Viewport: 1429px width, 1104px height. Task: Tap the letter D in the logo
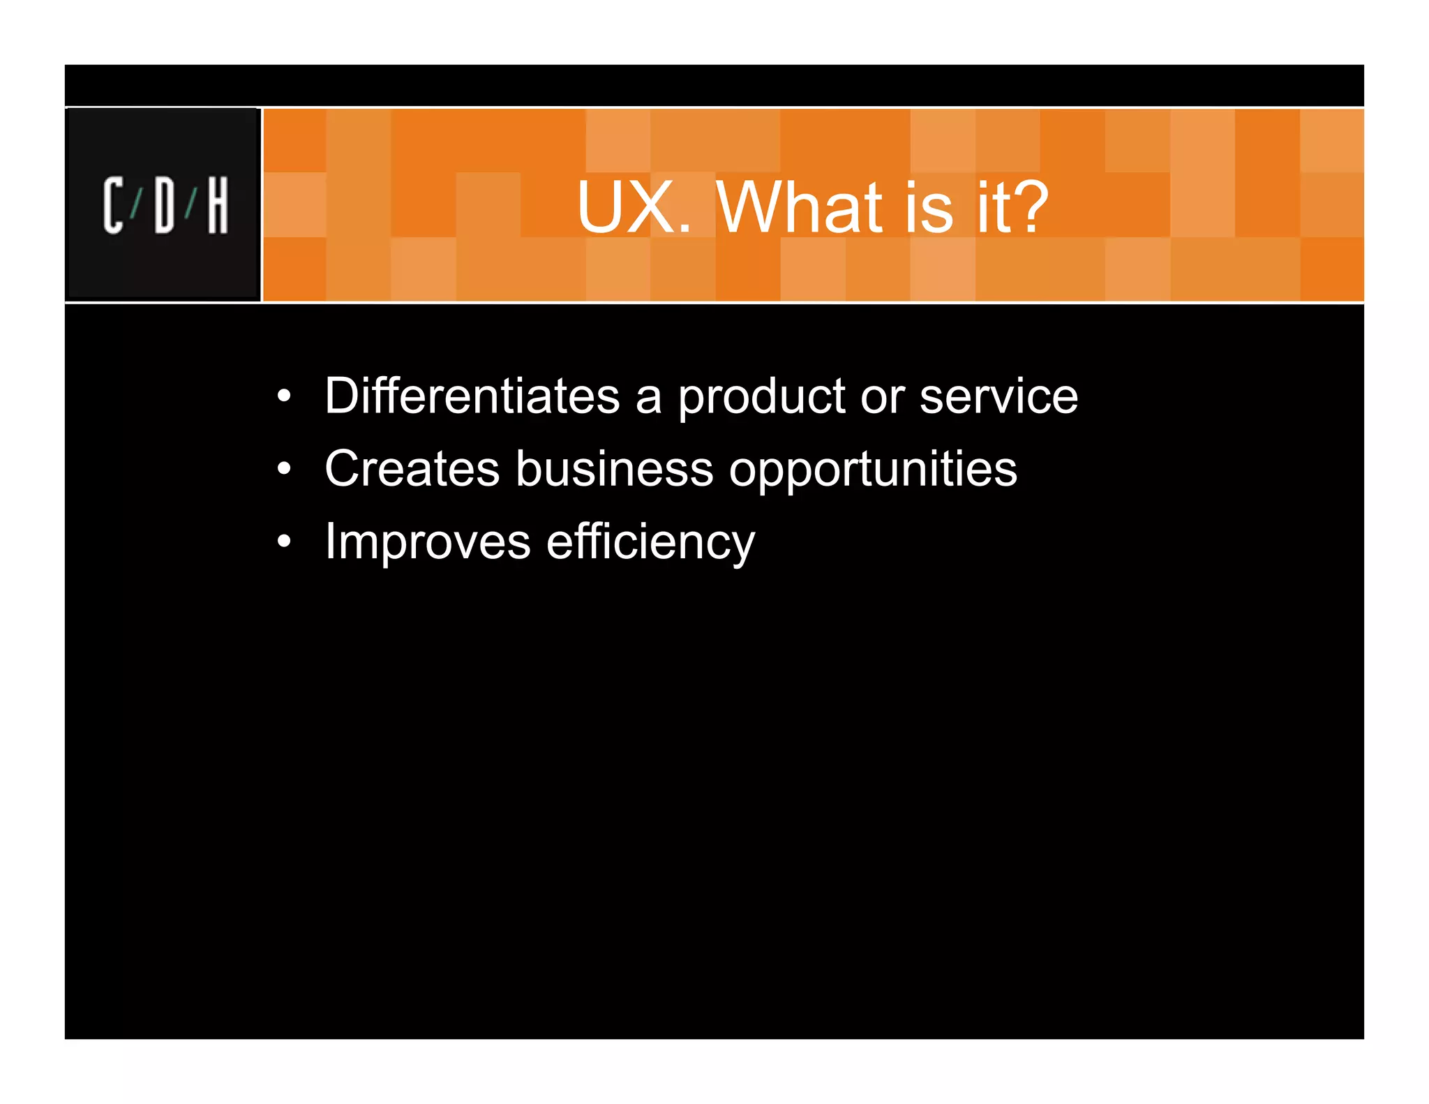(165, 205)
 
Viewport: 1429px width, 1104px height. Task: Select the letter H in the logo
(218, 205)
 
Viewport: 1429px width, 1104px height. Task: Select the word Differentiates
(472, 396)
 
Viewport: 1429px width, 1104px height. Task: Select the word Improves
(428, 542)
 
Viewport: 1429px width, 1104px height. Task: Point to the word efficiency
(650, 542)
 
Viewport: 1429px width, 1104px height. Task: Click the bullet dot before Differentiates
(283, 396)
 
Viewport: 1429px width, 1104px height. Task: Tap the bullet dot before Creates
(283, 469)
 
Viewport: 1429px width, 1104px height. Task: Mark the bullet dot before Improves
(283, 542)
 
